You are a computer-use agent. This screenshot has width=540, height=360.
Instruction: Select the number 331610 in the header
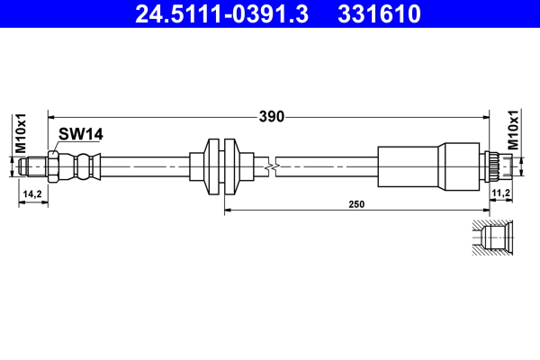coord(380,14)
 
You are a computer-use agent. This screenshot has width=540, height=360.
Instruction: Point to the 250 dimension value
coord(356,205)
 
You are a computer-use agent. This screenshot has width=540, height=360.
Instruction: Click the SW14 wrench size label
coord(81,134)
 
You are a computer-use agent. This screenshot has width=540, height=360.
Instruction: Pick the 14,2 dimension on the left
coord(31,193)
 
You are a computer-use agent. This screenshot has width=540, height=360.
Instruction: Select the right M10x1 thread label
coord(514,130)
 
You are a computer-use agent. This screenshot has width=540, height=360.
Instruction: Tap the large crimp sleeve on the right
coord(427,166)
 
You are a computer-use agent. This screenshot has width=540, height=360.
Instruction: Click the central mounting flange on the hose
coord(221,166)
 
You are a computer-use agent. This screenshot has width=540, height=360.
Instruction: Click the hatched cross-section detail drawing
coord(491,238)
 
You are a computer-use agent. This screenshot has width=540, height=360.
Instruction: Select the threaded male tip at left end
coord(34,166)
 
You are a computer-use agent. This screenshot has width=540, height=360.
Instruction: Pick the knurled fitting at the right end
coord(494,166)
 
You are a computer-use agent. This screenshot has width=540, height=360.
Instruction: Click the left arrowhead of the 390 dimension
coord(52,116)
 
